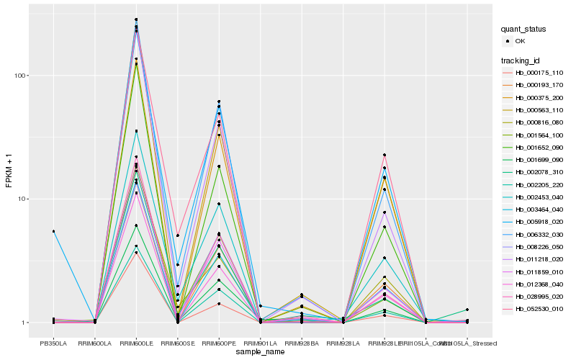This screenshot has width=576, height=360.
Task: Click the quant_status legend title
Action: pos(524,29)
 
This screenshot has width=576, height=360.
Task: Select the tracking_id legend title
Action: pos(522,60)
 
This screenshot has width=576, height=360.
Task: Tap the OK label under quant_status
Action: pos(520,41)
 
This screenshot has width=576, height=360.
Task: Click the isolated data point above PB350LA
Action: pos(53,231)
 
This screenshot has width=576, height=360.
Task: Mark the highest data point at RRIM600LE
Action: pos(136,19)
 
